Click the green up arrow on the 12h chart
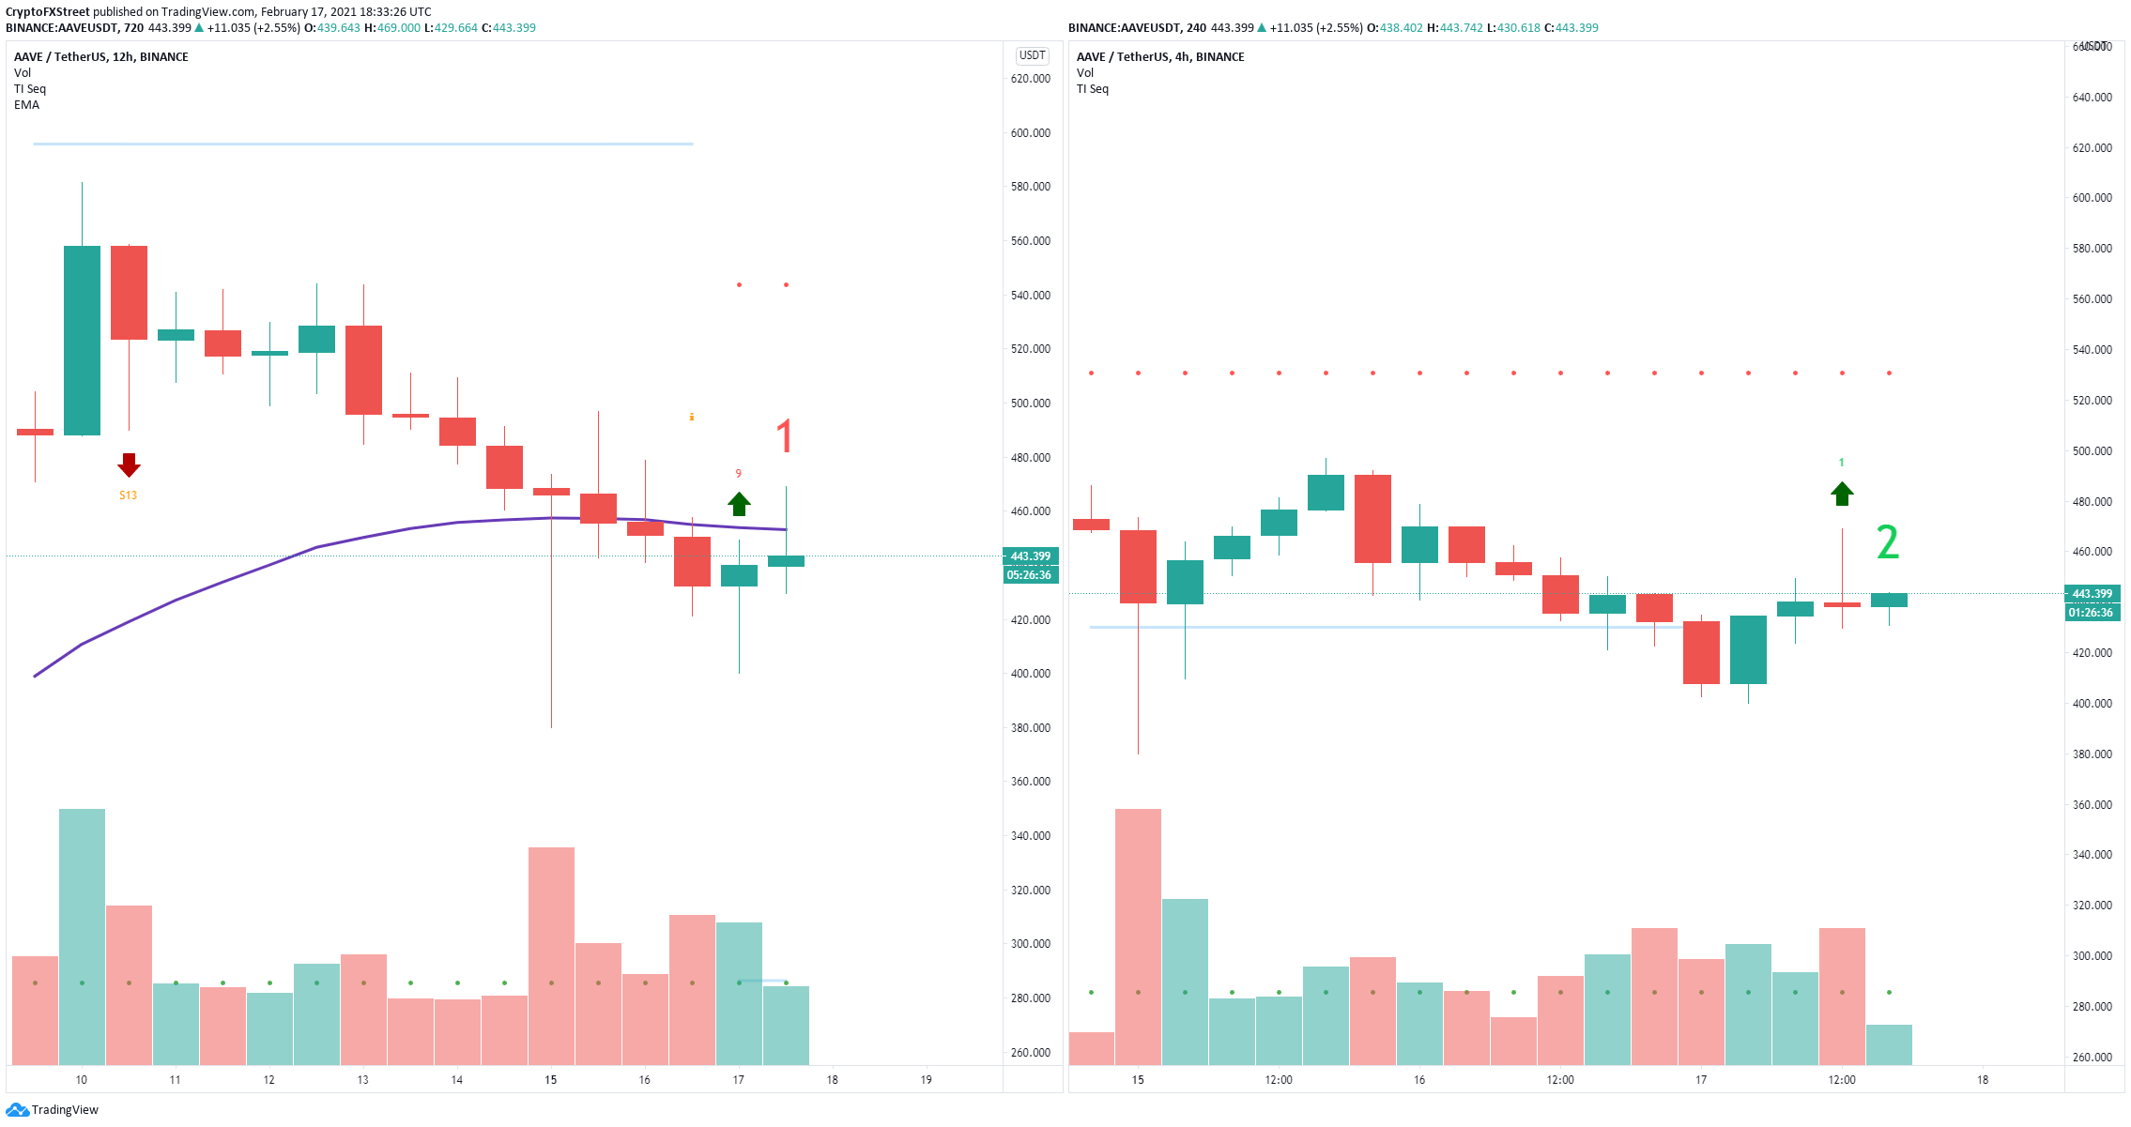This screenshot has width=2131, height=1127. [x=739, y=504]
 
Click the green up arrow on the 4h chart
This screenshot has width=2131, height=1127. [x=1842, y=494]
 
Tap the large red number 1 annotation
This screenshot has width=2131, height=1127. [x=785, y=437]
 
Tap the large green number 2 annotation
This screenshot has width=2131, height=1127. [x=1887, y=542]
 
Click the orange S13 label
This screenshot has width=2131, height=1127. [x=129, y=495]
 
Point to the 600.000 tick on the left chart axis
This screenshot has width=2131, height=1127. [x=1030, y=133]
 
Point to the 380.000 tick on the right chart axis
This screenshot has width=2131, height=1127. [x=2092, y=754]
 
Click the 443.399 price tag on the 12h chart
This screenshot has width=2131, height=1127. [x=1030, y=556]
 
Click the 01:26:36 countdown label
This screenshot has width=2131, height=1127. [x=2091, y=613]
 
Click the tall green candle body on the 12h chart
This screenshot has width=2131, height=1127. [x=82, y=341]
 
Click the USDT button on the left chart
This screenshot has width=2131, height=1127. [x=1032, y=55]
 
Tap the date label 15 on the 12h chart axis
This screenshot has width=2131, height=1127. [x=550, y=1080]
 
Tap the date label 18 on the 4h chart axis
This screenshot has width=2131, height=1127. [x=1982, y=1080]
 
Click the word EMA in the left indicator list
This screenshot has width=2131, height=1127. [x=26, y=105]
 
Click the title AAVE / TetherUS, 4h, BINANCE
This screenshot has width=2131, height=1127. [x=1160, y=57]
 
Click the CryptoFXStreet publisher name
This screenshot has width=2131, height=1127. [x=48, y=12]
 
